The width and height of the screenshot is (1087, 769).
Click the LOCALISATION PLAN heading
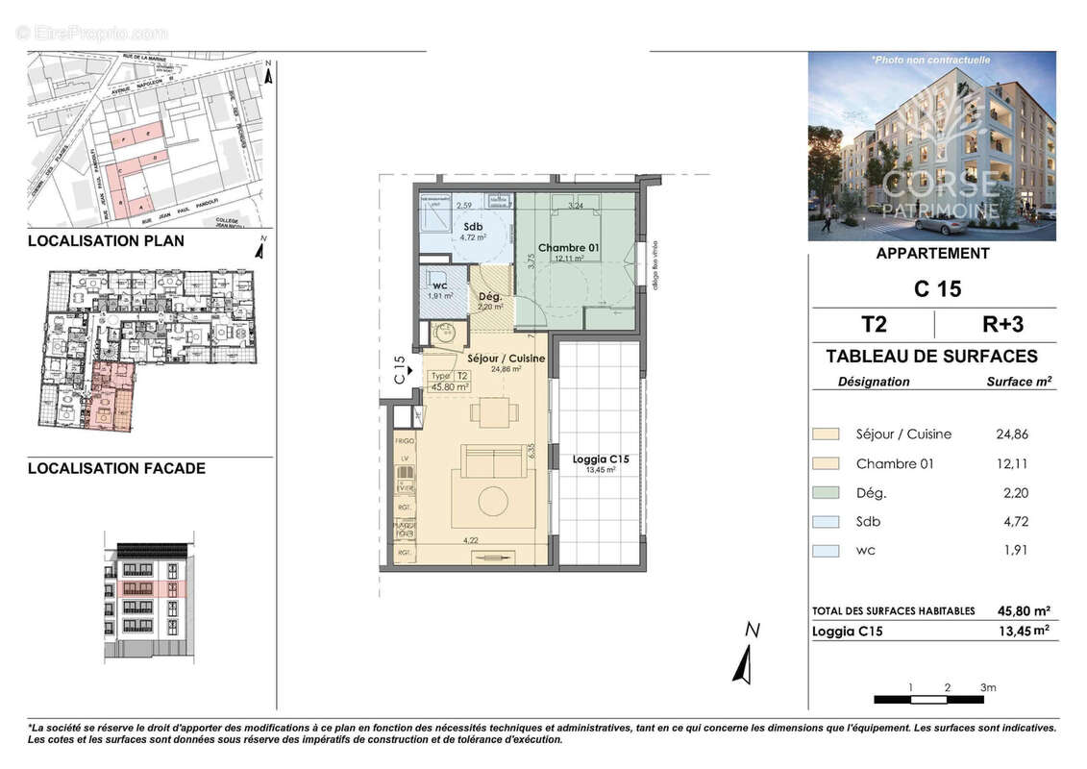106,241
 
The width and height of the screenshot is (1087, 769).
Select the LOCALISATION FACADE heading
115,469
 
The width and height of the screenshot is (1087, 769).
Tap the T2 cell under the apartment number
873,323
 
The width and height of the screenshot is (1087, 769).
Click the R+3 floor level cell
994,323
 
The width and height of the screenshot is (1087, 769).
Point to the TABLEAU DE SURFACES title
931,357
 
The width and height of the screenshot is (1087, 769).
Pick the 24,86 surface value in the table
1012,434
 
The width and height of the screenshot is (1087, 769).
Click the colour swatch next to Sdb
826,522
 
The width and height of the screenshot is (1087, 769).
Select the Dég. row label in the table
871,493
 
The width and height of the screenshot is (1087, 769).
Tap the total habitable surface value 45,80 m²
1024,611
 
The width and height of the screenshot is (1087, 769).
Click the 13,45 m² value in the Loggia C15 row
1024,632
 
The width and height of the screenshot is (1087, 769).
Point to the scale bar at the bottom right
929,699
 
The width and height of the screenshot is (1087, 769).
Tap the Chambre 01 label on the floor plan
568,248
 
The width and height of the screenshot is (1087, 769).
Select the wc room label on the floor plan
440,285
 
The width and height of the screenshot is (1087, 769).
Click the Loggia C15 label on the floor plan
600,460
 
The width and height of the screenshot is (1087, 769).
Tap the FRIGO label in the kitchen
404,441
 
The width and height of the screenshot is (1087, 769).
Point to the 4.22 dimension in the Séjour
471,540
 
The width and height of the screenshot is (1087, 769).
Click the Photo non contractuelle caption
930,60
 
